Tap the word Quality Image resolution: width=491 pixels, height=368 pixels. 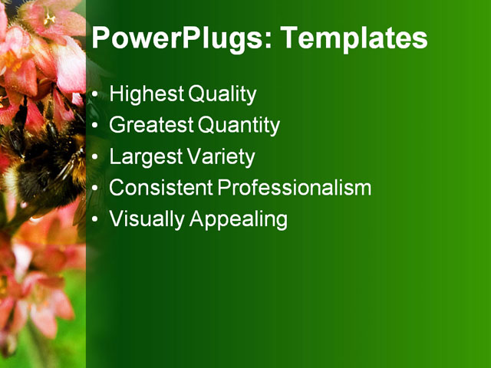point(221,94)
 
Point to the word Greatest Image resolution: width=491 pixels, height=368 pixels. point(152,125)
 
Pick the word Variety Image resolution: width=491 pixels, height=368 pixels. point(220,156)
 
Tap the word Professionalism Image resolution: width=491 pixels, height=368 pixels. point(295,188)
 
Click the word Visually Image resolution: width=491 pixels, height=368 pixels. point(147,219)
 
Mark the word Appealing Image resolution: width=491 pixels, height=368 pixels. point(239,220)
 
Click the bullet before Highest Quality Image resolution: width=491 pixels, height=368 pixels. point(94,96)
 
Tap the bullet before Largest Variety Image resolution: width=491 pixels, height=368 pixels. point(94,158)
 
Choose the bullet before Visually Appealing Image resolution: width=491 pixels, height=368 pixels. point(94,220)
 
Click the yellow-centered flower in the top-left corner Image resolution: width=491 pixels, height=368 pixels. point(50,17)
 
